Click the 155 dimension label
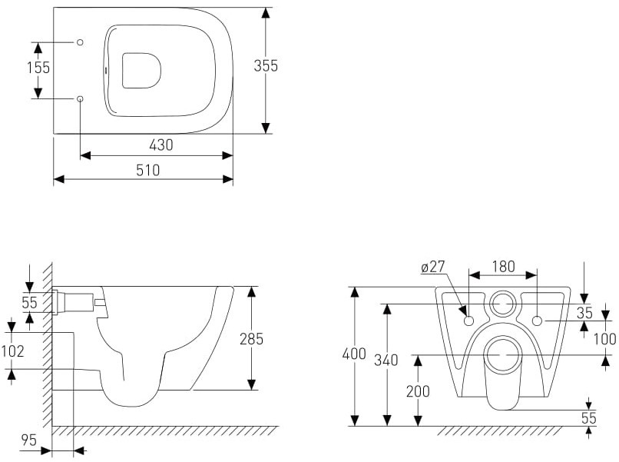pyautogui.click(x=38, y=68)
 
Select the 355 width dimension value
pyautogui.click(x=266, y=65)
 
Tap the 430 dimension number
pyautogui.click(x=161, y=145)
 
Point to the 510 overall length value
pyautogui.click(x=148, y=171)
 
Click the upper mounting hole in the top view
pyautogui.click(x=80, y=42)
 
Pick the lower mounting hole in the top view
pyautogui.click(x=80, y=98)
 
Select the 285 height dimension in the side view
pyautogui.click(x=251, y=339)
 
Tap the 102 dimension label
pyautogui.click(x=12, y=351)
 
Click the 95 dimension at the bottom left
pyautogui.click(x=29, y=440)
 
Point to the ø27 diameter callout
pyautogui.click(x=433, y=268)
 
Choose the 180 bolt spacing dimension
pyautogui.click(x=503, y=267)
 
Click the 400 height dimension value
pyautogui.click(x=354, y=354)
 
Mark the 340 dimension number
pyautogui.click(x=386, y=360)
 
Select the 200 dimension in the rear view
pyautogui.click(x=418, y=391)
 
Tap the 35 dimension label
pyautogui.click(x=584, y=313)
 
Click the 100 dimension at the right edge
pyautogui.click(x=605, y=339)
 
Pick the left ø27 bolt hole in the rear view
pyautogui.click(x=469, y=321)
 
